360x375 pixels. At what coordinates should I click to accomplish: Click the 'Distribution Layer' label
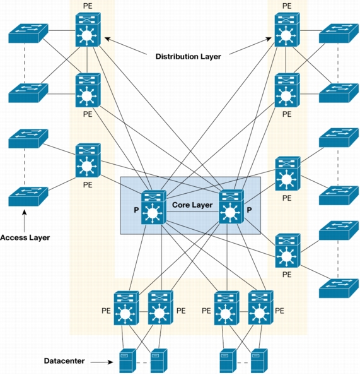[x=189, y=57]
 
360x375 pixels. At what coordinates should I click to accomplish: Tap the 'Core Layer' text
[x=192, y=205]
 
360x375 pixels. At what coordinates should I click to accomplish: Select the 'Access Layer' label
[x=25, y=238]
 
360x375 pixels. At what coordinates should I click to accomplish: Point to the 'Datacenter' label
[x=64, y=360]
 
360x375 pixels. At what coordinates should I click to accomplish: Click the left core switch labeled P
[x=154, y=207]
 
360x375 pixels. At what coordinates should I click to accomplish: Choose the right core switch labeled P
[x=231, y=206]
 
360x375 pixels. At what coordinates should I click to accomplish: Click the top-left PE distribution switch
[x=88, y=30]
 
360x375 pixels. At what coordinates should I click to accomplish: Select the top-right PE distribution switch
[x=287, y=30]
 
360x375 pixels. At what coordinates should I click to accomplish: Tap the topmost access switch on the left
[x=28, y=33]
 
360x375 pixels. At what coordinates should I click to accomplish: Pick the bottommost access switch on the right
[x=339, y=288]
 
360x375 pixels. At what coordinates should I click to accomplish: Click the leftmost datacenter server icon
[x=127, y=361]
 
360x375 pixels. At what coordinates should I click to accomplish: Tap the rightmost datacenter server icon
[x=259, y=361]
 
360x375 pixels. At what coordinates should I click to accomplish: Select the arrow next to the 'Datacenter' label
[x=102, y=362]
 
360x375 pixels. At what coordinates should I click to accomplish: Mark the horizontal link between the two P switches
[x=192, y=212]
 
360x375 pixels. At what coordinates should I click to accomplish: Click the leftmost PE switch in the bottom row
[x=126, y=308]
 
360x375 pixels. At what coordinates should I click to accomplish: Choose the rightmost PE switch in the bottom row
[x=261, y=307]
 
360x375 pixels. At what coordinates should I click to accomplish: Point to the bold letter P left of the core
[x=136, y=210]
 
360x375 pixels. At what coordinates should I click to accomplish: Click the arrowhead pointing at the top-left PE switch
[x=107, y=39]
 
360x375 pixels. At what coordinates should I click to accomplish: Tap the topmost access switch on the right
[x=339, y=33]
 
